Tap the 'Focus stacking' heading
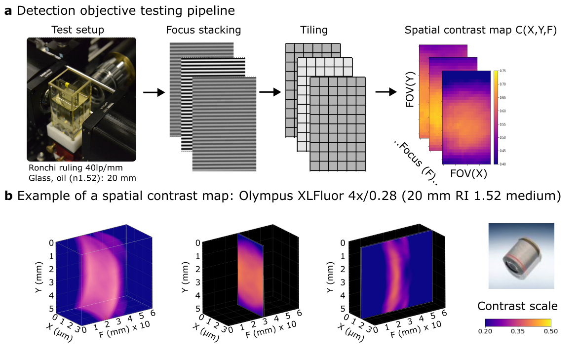[x=203, y=30]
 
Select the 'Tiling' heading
[x=314, y=30]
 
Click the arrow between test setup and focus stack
[x=154, y=92]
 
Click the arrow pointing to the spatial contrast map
[x=386, y=92]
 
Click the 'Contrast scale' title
[x=517, y=306]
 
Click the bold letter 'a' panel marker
[x=8, y=11]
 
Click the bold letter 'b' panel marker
[x=8, y=196]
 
